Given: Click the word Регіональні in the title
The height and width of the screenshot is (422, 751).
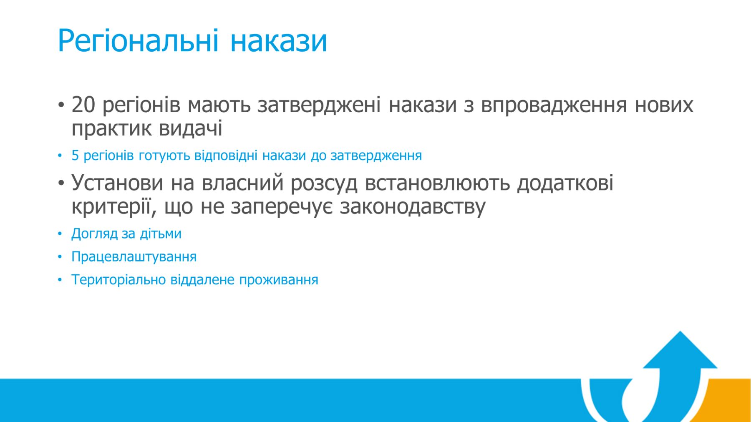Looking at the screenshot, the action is (138, 41).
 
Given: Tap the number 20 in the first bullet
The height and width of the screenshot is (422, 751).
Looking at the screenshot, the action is (83, 104).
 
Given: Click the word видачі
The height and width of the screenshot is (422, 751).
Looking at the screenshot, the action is (191, 128).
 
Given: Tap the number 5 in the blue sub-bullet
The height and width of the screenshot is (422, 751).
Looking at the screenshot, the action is (75, 156).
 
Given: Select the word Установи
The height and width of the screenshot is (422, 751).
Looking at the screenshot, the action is (117, 183).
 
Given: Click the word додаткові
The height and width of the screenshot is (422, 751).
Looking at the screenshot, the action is (565, 183).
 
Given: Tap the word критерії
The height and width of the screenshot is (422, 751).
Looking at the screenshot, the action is (111, 206).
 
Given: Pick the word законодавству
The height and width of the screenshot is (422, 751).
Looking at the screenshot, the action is (413, 207).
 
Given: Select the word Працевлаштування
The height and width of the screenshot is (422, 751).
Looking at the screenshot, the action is (134, 256).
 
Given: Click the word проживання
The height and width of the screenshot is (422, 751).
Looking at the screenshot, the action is (278, 280).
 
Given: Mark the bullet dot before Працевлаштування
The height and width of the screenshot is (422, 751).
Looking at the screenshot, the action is (60, 257).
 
